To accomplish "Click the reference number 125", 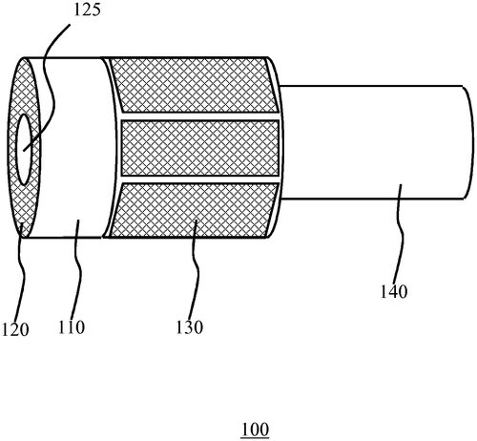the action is click(x=87, y=10).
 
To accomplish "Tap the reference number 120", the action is click(x=15, y=329).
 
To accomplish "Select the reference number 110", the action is click(x=72, y=327).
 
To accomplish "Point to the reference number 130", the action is click(x=189, y=327).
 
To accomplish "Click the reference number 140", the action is click(x=394, y=291).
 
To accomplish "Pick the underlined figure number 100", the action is click(x=255, y=430).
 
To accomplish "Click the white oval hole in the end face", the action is click(x=24, y=150).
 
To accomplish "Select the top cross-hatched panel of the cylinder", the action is click(x=193, y=85).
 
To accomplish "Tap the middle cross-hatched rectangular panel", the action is click(x=200, y=148).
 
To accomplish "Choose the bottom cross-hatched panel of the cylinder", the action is click(x=194, y=210).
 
